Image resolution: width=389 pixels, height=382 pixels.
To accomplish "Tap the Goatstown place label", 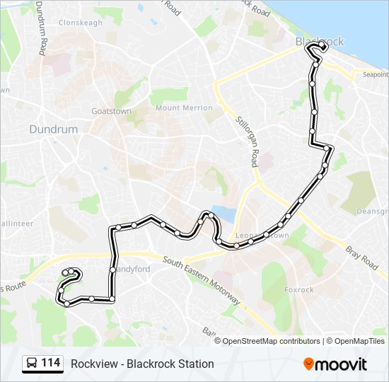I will point(112,111).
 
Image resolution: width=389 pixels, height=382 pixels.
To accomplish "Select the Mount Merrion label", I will point(184,108).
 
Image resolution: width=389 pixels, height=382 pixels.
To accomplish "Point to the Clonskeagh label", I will point(82,22).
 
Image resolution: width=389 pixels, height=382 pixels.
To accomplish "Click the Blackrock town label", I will point(320,42).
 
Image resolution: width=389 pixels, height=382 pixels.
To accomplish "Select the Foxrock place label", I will point(298,289).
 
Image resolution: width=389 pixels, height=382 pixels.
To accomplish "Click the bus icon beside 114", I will point(31,364).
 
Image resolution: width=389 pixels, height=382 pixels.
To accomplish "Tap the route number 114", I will point(50,364).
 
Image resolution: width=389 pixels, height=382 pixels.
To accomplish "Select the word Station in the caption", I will point(195,364).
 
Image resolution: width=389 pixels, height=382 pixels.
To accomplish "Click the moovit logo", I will point(335,364).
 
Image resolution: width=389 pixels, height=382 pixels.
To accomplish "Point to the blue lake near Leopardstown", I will point(225,214).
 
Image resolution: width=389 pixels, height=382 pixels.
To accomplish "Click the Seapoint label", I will point(376,74).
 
